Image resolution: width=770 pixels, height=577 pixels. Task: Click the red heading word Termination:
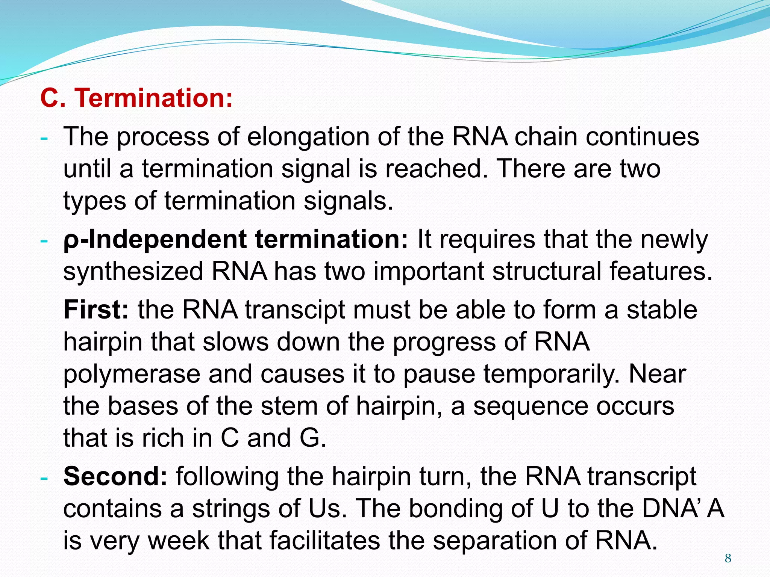pyautogui.click(x=154, y=98)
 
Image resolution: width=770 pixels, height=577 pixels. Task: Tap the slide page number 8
pyautogui.click(x=728, y=558)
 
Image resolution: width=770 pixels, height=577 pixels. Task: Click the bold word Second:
pyautogui.click(x=115, y=476)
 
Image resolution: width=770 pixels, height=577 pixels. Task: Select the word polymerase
pyautogui.click(x=132, y=375)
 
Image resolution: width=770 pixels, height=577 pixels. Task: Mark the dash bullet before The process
pyautogui.click(x=44, y=138)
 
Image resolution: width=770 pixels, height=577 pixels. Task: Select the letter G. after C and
pyautogui.click(x=312, y=438)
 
